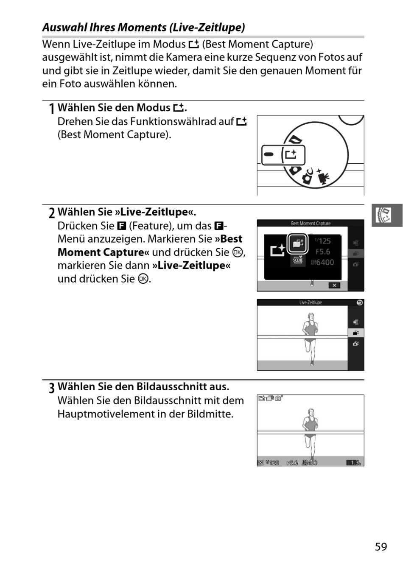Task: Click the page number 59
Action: [381, 546]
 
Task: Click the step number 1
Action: [51, 109]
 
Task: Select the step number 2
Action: [52, 213]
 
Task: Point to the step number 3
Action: [52, 388]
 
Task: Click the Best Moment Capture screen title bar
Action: [311, 223]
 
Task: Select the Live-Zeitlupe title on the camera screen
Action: [311, 302]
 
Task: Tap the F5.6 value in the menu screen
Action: [322, 252]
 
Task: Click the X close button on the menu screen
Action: [334, 285]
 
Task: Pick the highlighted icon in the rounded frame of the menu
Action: [297, 243]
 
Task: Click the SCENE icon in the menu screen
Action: [297, 260]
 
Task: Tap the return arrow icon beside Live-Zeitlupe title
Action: [359, 302]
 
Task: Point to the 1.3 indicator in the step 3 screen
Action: [355, 463]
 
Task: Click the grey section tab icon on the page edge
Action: [387, 215]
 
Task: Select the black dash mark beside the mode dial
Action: [269, 154]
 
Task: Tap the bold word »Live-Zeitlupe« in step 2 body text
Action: [191, 265]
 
